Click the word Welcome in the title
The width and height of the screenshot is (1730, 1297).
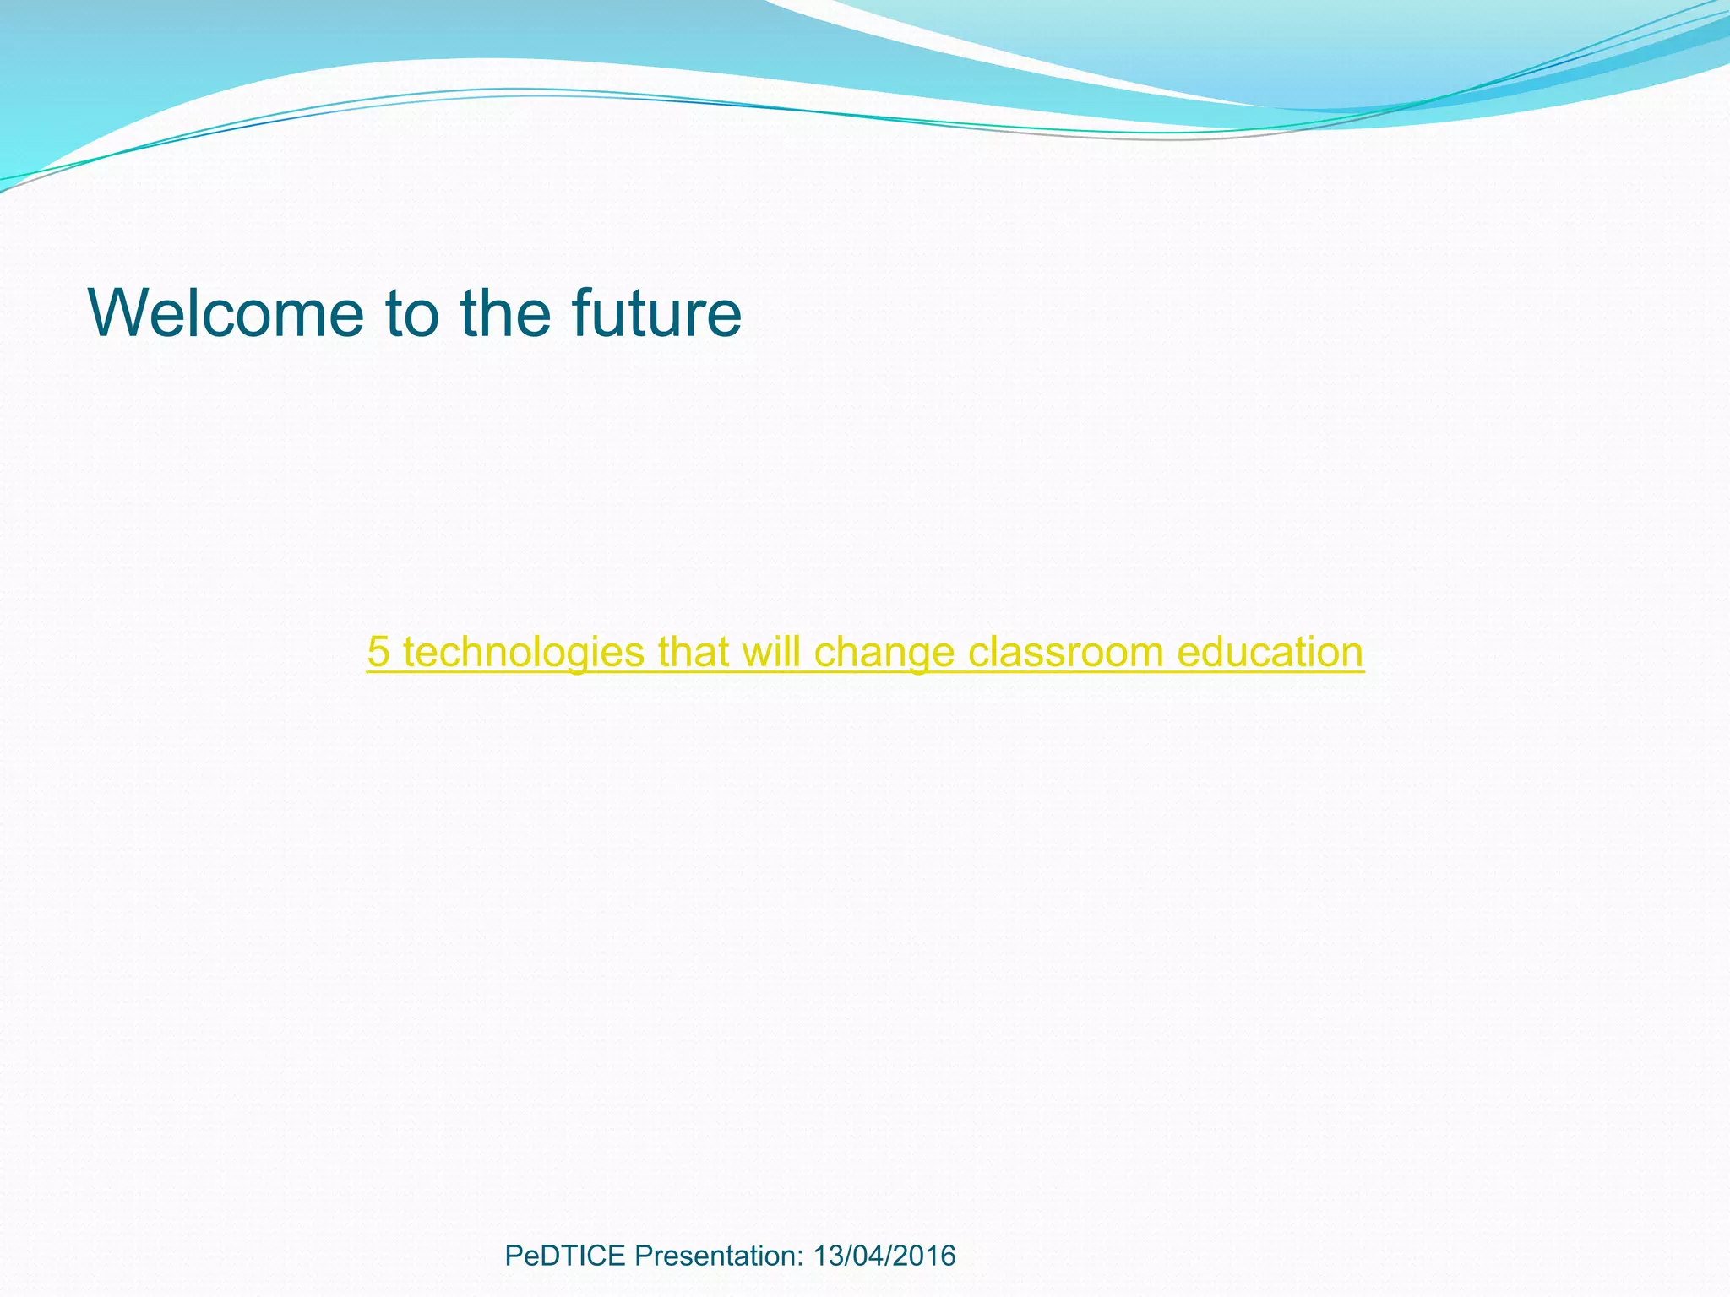point(226,314)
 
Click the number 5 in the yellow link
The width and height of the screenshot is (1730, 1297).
point(378,653)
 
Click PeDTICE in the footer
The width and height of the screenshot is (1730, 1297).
point(564,1256)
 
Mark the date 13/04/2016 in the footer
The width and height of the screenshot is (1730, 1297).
point(884,1256)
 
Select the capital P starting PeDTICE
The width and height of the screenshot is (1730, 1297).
point(513,1256)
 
